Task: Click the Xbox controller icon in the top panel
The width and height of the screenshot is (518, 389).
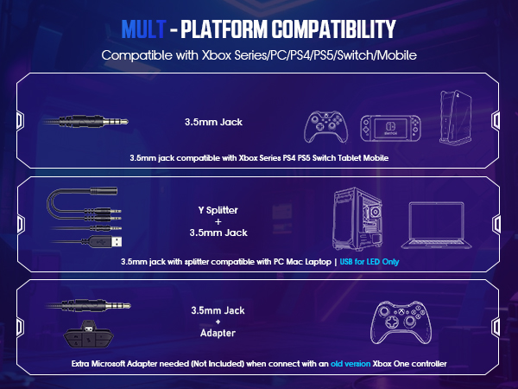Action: click(326, 126)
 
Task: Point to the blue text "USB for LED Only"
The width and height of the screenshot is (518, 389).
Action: click(369, 261)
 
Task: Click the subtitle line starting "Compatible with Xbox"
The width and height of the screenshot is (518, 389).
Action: click(259, 55)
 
